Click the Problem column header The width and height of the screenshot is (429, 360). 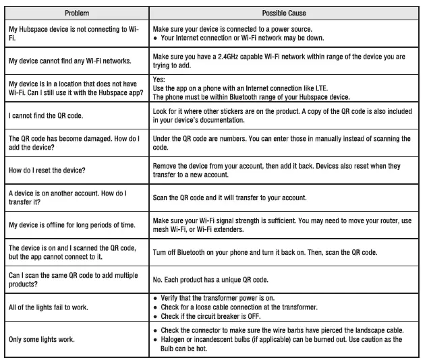(x=76, y=13)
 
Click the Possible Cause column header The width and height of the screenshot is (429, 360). (x=285, y=13)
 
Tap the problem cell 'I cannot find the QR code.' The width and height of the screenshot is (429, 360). (x=47, y=117)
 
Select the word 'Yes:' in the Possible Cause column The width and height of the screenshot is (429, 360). (x=160, y=79)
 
